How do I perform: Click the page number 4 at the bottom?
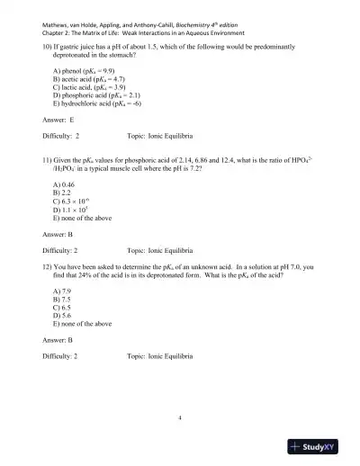coord(180,418)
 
